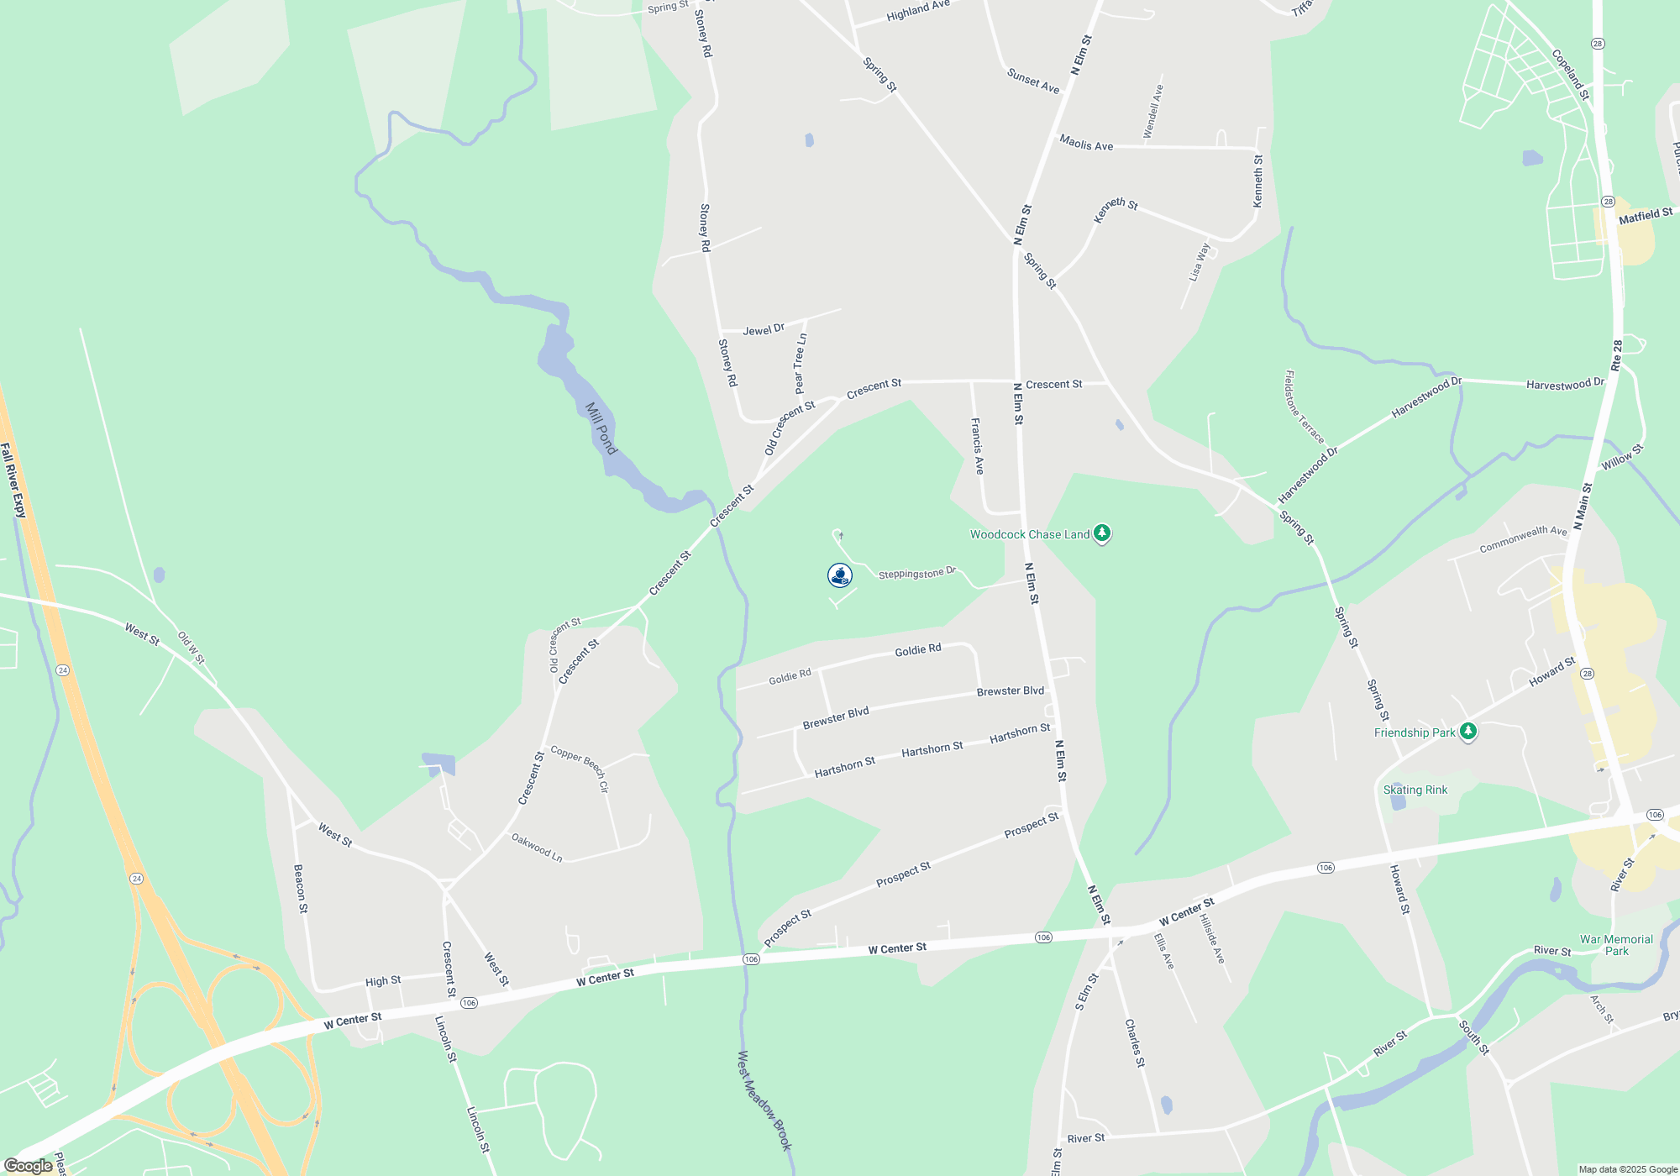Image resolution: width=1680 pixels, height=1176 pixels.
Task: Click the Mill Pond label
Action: click(601, 428)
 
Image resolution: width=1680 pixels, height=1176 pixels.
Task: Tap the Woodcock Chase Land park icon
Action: click(1101, 533)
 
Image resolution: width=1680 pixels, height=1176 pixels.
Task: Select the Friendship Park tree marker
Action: click(1467, 732)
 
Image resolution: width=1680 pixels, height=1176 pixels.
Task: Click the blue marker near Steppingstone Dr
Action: click(840, 575)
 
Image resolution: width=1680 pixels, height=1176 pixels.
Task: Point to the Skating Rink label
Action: click(1415, 790)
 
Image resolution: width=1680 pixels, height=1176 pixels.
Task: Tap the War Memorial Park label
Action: click(1616, 945)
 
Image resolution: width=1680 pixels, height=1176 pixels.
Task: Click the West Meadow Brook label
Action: click(764, 1100)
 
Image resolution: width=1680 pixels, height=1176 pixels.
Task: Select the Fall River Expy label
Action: click(13, 480)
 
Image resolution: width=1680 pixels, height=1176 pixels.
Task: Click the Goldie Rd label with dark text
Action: click(918, 650)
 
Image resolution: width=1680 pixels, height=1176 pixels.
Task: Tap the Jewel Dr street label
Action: click(764, 329)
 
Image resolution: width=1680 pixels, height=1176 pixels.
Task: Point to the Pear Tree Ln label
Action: click(800, 364)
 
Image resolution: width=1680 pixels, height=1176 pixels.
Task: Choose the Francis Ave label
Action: click(978, 446)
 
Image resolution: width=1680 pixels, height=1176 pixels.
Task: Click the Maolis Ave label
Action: click(1086, 144)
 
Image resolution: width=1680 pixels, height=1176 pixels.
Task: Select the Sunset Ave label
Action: click(1033, 81)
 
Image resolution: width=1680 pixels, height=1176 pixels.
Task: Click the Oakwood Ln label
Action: click(537, 847)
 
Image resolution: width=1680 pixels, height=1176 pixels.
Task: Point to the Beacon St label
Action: click(300, 888)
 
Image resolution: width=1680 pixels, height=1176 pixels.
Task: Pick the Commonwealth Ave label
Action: click(1523, 539)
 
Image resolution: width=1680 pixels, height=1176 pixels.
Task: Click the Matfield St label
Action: click(1646, 216)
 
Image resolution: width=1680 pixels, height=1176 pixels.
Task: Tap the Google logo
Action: click(29, 1166)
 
